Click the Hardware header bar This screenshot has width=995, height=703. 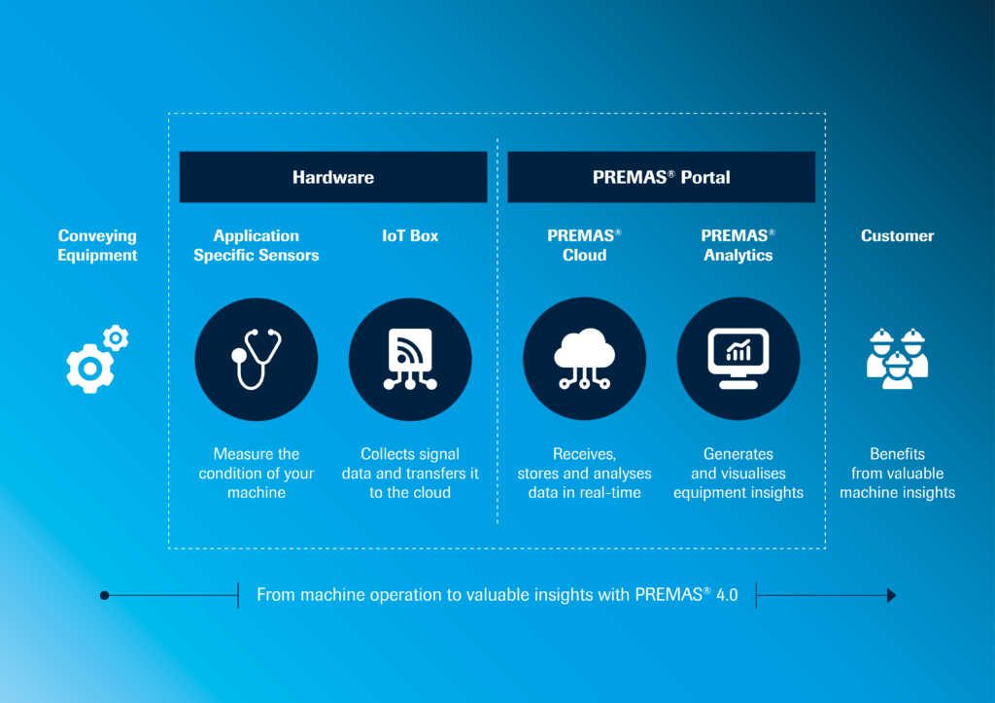pyautogui.click(x=333, y=177)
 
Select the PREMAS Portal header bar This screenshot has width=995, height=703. pyautogui.click(x=661, y=177)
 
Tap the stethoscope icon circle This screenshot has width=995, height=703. pyautogui.click(x=257, y=360)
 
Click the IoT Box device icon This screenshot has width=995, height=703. pyautogui.click(x=410, y=360)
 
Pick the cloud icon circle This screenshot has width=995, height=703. pyautogui.click(x=584, y=360)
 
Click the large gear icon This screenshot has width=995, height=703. pyautogui.click(x=90, y=369)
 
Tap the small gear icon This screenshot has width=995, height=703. pyautogui.click(x=116, y=337)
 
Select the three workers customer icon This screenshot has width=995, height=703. pyautogui.click(x=897, y=359)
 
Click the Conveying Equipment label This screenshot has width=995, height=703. pyautogui.click(x=97, y=245)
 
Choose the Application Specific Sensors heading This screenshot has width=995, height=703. pyautogui.click(x=257, y=245)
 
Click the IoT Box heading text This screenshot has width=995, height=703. pyautogui.click(x=410, y=235)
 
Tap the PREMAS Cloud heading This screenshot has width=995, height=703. pyautogui.click(x=584, y=245)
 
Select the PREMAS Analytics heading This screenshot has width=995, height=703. pyautogui.click(x=738, y=245)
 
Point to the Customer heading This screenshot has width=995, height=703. pyautogui.click(x=897, y=235)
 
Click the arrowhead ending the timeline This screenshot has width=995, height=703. pyautogui.click(x=892, y=596)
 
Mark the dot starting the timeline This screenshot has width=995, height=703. pyautogui.click(x=105, y=595)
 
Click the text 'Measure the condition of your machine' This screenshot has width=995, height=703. pyautogui.click(x=257, y=474)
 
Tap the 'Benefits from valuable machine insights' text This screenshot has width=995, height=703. pyautogui.click(x=897, y=474)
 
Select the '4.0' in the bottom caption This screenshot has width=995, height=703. pyautogui.click(x=727, y=595)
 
